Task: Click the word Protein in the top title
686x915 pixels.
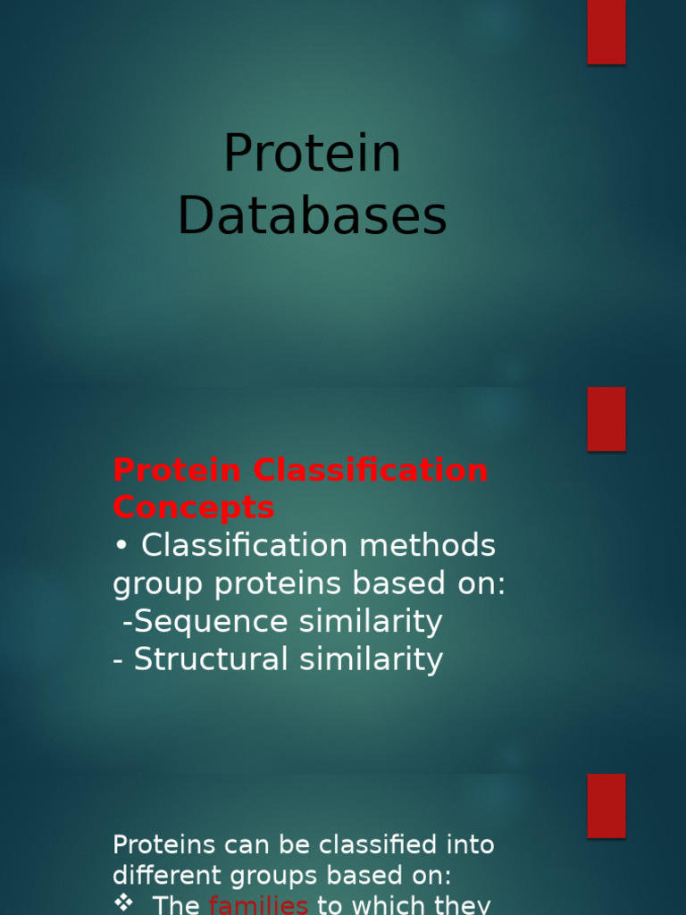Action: tap(312, 154)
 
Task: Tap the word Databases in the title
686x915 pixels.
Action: tap(312, 217)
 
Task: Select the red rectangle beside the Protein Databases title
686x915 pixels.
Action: tap(606, 32)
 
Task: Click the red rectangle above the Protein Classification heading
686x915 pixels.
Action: tap(606, 419)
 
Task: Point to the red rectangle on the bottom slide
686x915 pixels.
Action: tap(606, 806)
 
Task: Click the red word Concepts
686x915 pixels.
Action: tap(194, 508)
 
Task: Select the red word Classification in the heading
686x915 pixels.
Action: tap(371, 470)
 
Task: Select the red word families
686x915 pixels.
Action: tap(258, 905)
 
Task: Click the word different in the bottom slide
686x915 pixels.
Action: tap(156, 873)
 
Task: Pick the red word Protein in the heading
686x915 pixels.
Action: tap(177, 470)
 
